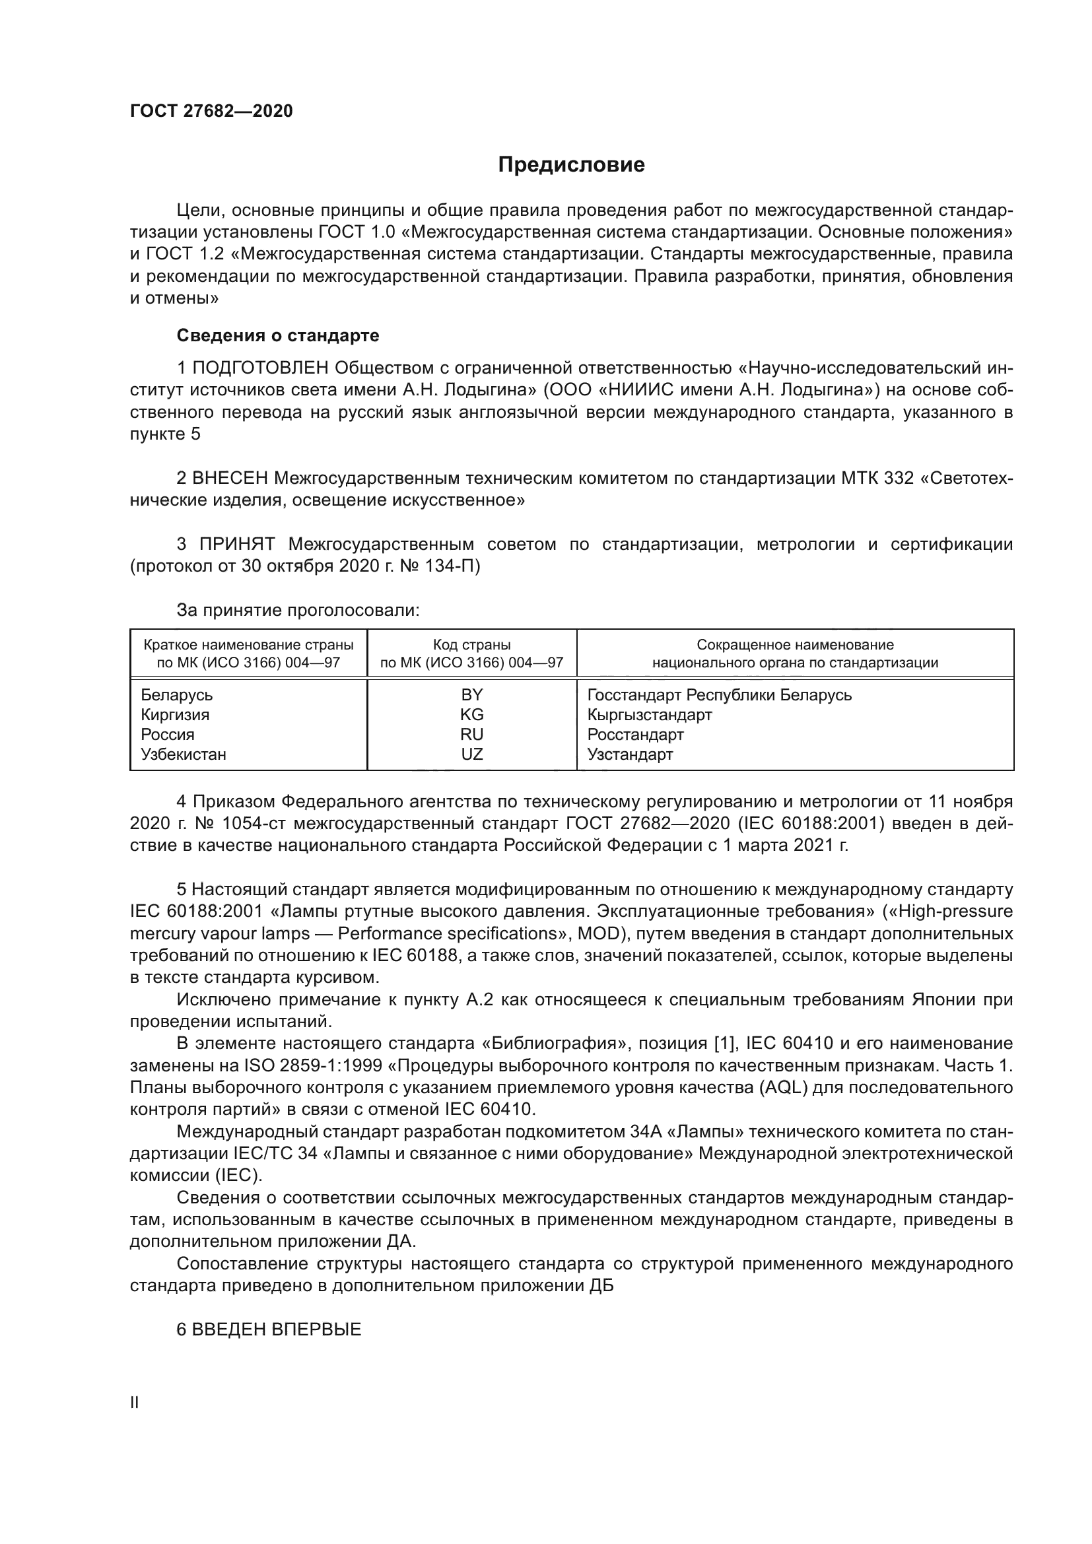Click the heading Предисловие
571,165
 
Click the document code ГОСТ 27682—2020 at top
211,111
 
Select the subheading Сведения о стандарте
278,335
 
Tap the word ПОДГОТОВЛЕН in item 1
261,368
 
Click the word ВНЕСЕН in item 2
230,478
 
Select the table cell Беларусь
177,694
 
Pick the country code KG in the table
472,714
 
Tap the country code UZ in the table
472,754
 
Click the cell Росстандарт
635,734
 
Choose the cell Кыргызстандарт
650,714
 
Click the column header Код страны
472,645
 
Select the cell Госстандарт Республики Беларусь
720,694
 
